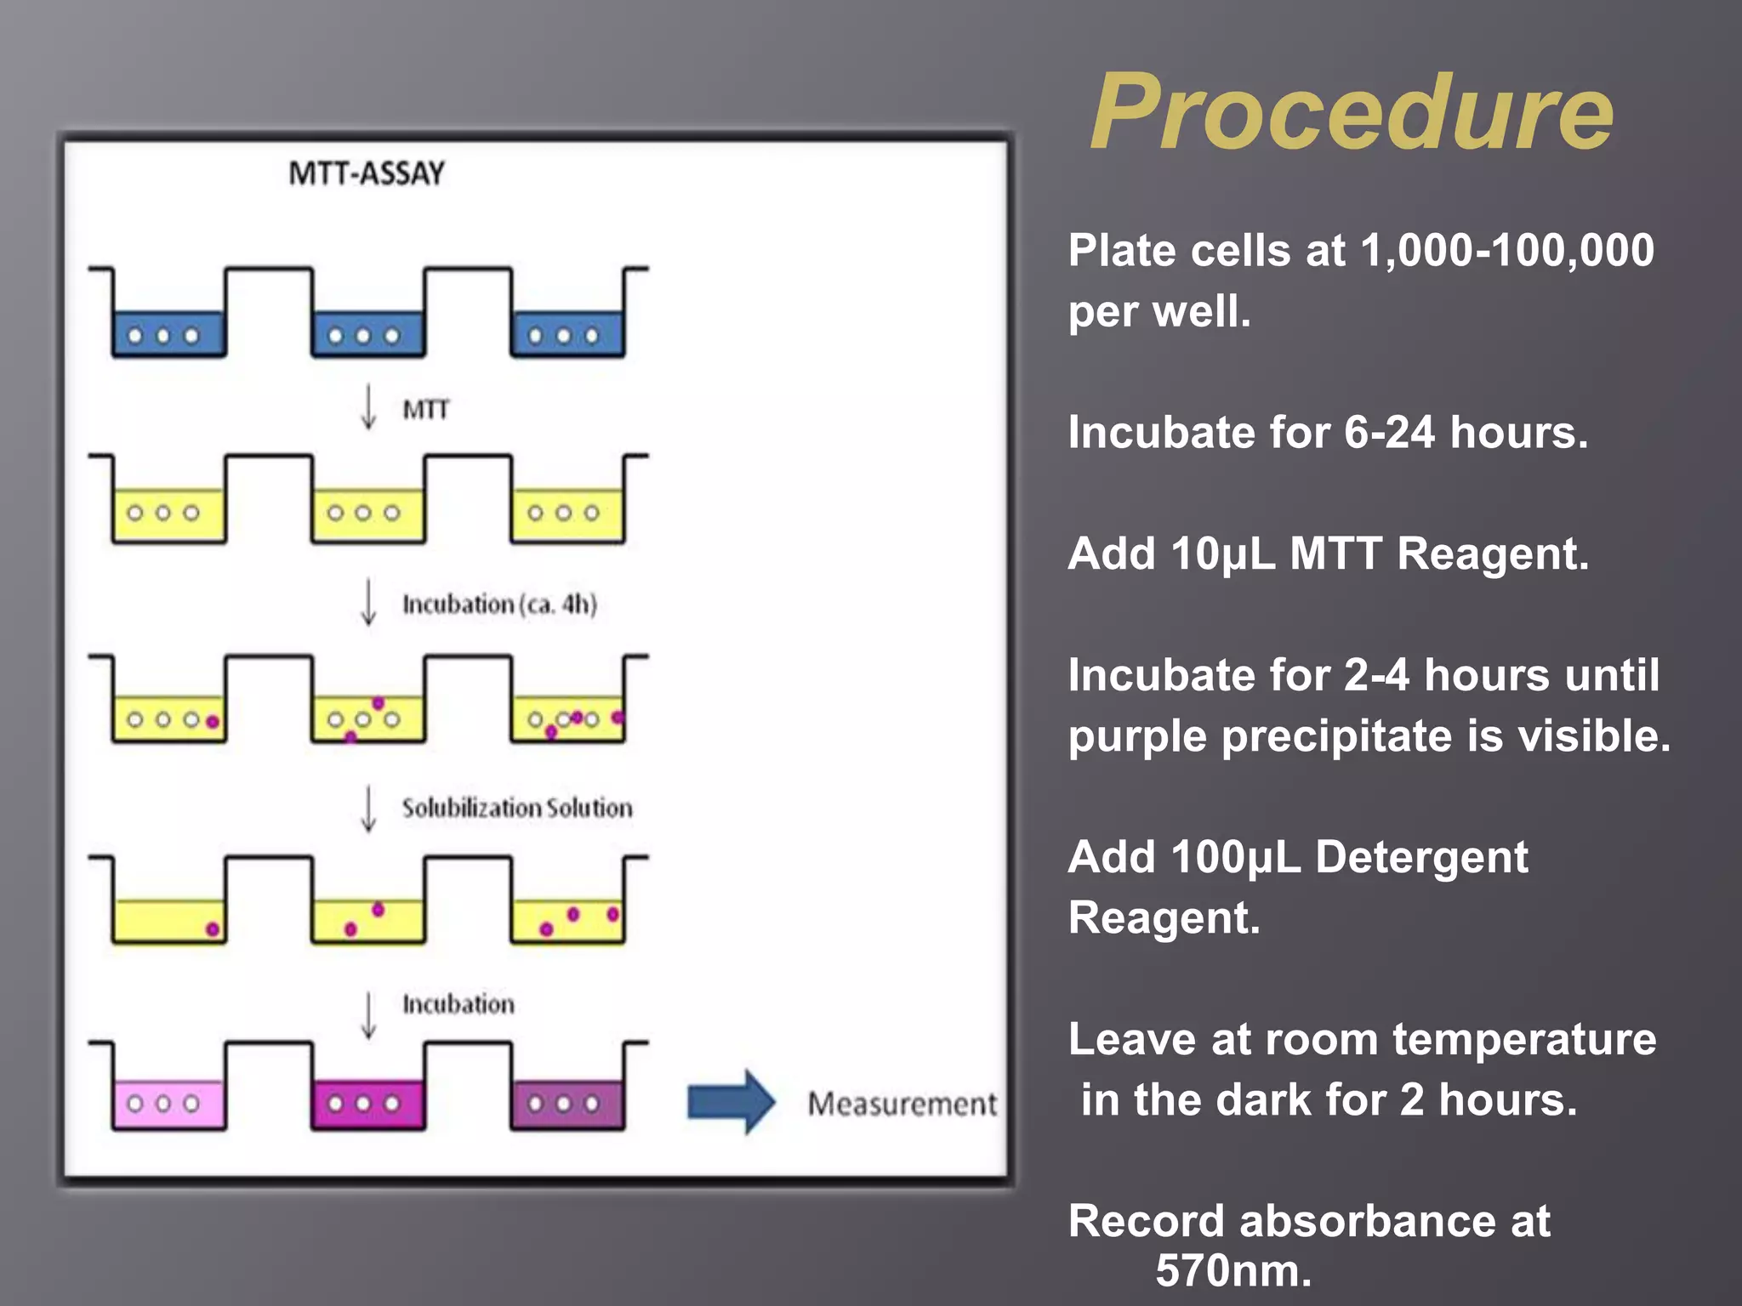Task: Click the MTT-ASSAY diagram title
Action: click(367, 173)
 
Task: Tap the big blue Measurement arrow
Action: click(731, 1102)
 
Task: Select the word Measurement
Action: click(902, 1104)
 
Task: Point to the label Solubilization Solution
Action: click(517, 808)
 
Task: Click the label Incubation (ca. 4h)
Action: click(499, 605)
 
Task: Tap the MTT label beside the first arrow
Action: click(425, 410)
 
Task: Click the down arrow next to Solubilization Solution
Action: click(368, 809)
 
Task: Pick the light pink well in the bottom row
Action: click(168, 1104)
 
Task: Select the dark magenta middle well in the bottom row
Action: click(367, 1104)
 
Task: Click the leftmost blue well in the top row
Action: click(168, 334)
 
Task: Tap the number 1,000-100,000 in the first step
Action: click(1506, 251)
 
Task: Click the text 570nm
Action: click(1232, 1271)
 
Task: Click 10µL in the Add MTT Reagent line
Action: click(1222, 554)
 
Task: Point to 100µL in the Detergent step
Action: click(1235, 857)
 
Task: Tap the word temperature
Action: click(1523, 1040)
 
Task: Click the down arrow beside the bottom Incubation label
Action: click(368, 1014)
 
